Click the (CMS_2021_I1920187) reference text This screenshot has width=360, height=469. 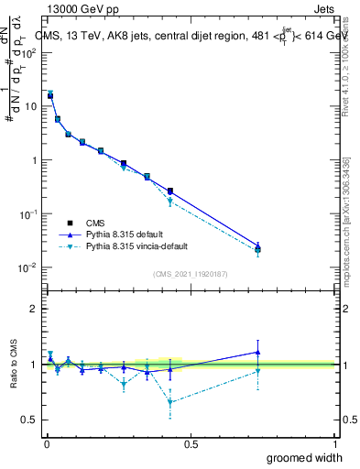point(191,274)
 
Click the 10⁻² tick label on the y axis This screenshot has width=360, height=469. point(28,267)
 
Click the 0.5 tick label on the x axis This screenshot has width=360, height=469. point(191,444)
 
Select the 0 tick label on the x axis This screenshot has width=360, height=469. point(46,444)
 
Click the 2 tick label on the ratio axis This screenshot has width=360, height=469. point(35,309)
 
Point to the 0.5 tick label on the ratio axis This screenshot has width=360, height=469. point(30,420)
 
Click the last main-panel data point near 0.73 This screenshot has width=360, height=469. point(258,248)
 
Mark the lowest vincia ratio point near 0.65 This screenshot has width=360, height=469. point(170,401)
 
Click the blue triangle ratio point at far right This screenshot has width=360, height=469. point(258,352)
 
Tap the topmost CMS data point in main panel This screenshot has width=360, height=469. point(50,95)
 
